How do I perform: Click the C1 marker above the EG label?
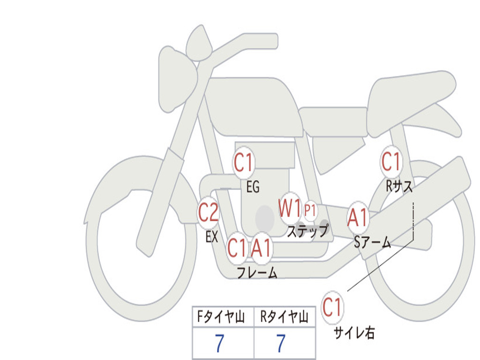tap(243, 163)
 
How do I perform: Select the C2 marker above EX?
tap(208, 212)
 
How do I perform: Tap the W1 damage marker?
tap(290, 209)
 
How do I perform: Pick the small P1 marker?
tap(310, 210)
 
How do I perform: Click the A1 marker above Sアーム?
tap(358, 217)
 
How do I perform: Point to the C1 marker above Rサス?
tap(391, 161)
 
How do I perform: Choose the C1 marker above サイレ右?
tap(332, 307)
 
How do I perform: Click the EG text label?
tap(253, 187)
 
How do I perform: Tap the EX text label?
tap(212, 237)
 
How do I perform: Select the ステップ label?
tap(307, 231)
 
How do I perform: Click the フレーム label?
tap(257, 272)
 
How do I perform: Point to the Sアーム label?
tap(373, 242)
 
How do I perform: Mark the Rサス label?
tap(399, 186)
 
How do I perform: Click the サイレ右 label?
tap(354, 333)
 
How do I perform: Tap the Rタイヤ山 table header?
tap(284, 316)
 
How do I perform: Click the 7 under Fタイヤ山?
tap(219, 343)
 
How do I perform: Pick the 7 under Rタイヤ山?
tap(281, 343)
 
